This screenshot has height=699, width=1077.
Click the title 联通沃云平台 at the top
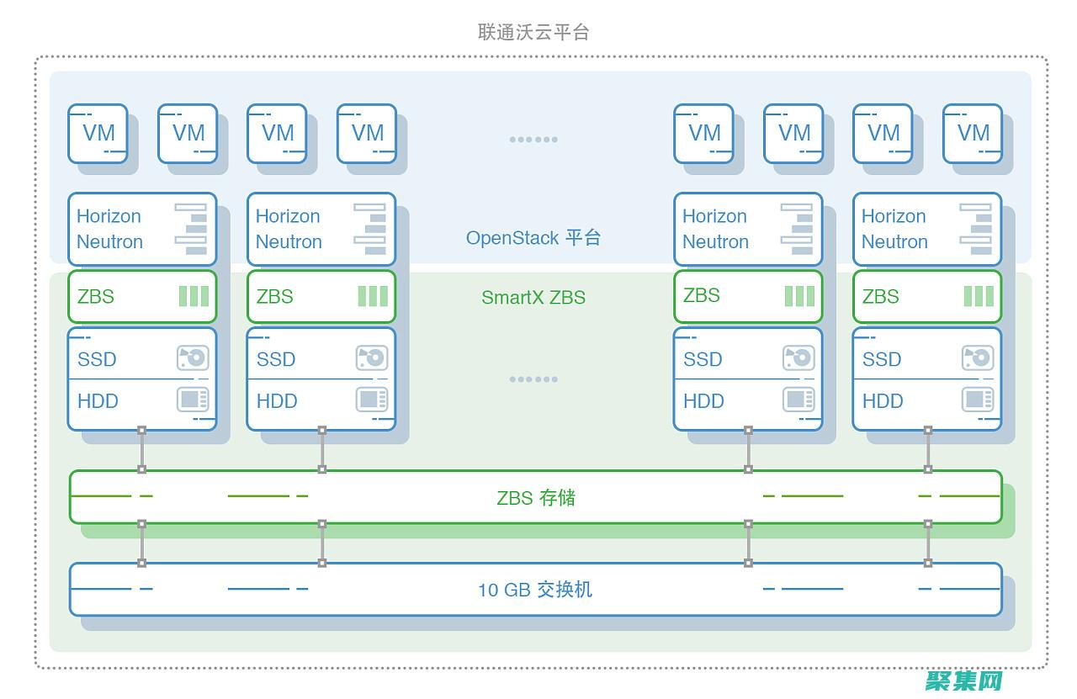click(x=533, y=32)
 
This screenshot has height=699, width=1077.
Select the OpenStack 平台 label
click(x=533, y=238)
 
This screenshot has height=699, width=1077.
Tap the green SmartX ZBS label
click(x=533, y=297)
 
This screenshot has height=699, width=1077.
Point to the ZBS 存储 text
click(x=536, y=497)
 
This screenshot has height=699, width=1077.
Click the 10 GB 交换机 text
click(x=535, y=590)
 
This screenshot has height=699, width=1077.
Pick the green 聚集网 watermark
click(x=964, y=680)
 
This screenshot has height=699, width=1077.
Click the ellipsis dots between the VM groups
click(x=533, y=140)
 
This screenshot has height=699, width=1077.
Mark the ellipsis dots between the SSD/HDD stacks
click(x=533, y=379)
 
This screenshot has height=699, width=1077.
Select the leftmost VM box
click(x=98, y=133)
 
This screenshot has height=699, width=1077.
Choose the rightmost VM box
click(x=973, y=133)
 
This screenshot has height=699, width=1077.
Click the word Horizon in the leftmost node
click(x=109, y=216)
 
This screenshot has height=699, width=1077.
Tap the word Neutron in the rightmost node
click(x=894, y=242)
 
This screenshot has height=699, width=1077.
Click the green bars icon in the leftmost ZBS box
click(x=194, y=296)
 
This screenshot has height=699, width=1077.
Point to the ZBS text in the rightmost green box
click(x=880, y=296)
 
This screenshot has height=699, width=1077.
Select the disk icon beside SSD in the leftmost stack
click(x=193, y=357)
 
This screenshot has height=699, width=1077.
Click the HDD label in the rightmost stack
click(x=882, y=401)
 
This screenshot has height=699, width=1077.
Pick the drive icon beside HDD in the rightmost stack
click(x=978, y=400)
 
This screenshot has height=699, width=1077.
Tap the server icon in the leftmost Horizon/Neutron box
click(x=192, y=228)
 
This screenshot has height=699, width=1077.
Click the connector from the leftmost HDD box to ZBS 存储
click(x=142, y=450)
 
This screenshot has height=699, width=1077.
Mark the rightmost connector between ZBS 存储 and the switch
click(x=928, y=543)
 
